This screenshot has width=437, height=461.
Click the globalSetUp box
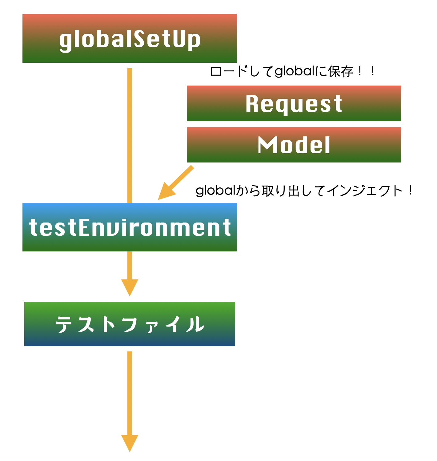[x=130, y=38]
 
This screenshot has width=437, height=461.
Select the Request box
[x=294, y=103]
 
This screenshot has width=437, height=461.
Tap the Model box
[x=294, y=145]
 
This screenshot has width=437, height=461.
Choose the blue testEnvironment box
[x=130, y=227]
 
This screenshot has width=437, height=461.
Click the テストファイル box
[x=130, y=324]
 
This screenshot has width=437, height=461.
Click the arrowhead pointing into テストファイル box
[x=130, y=287]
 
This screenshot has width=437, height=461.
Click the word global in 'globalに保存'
[x=294, y=71]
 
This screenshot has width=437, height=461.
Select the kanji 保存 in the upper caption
[x=340, y=71]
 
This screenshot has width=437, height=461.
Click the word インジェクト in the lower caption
[x=364, y=190]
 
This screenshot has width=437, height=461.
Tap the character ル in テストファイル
[x=195, y=324]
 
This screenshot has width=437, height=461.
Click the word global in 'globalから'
[x=215, y=190]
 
